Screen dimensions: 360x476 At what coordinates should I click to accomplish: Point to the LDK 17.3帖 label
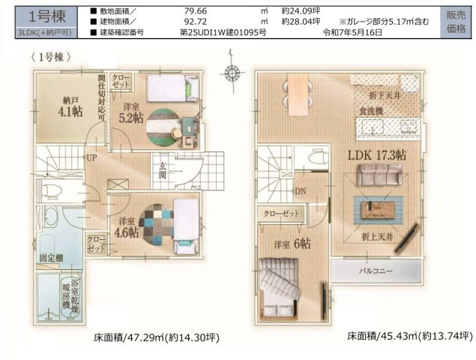[x=376, y=155]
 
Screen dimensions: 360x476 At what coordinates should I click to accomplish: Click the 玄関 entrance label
[x=162, y=172]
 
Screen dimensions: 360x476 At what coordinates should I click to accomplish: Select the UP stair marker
[x=91, y=159]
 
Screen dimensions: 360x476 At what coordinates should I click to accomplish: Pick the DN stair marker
[x=299, y=191]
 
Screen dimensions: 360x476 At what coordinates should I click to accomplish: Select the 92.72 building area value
[x=196, y=22]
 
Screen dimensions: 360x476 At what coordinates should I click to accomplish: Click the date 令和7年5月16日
[x=352, y=33]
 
